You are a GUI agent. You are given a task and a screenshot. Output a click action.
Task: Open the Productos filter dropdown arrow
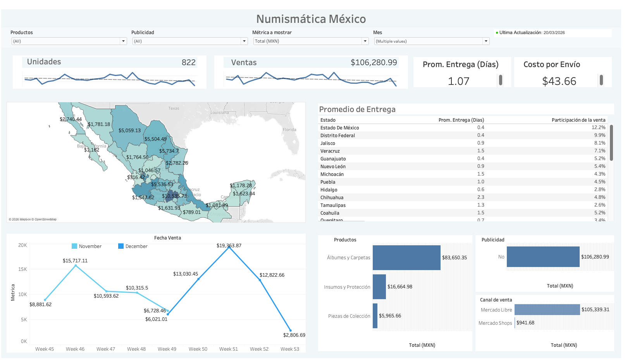click(123, 41)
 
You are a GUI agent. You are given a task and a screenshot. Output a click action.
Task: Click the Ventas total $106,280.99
click(374, 62)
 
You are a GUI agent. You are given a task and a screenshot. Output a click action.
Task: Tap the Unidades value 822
click(188, 62)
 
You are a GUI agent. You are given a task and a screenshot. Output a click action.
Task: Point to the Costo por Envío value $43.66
click(559, 81)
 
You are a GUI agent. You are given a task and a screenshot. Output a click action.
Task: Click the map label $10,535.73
click(174, 196)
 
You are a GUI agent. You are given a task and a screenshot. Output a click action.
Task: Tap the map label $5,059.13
click(129, 131)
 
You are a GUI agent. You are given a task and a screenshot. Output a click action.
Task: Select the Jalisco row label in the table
click(328, 143)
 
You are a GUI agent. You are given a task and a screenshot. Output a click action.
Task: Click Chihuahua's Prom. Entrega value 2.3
click(480, 197)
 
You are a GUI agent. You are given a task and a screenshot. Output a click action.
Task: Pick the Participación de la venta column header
click(578, 120)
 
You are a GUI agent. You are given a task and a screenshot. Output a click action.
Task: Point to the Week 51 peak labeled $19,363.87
click(229, 247)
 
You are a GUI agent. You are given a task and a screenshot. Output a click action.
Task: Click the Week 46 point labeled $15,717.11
click(76, 265)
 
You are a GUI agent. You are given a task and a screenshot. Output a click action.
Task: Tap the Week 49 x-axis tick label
click(167, 349)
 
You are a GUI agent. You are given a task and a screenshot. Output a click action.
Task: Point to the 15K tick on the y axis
click(22, 269)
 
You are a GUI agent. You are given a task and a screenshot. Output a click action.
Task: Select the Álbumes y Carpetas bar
click(406, 258)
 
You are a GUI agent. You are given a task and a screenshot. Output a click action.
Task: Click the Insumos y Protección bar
click(379, 287)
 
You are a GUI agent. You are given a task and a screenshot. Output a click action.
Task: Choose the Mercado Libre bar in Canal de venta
click(547, 310)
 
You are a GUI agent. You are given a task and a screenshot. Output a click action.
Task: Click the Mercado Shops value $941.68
click(525, 323)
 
